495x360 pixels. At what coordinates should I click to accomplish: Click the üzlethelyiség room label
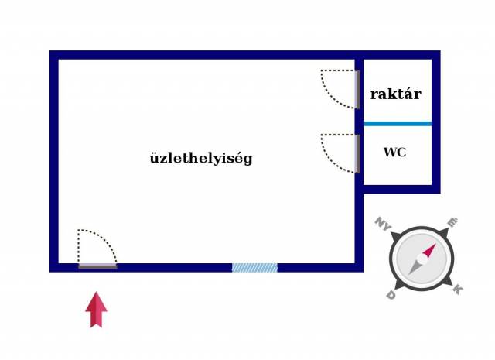tap(201, 158)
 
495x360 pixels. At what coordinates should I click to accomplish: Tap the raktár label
tap(395, 94)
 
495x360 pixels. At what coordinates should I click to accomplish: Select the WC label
tap(394, 153)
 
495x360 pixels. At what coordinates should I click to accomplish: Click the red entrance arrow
tap(96, 310)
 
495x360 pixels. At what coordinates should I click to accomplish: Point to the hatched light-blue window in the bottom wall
tap(254, 268)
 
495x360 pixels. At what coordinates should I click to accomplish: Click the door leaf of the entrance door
tap(97, 266)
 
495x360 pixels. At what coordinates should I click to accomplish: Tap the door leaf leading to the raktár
tap(357, 90)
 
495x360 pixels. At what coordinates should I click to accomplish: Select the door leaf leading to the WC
tap(357, 154)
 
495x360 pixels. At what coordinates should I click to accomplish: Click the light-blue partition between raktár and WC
tap(398, 124)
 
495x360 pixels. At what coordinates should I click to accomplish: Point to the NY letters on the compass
tap(384, 224)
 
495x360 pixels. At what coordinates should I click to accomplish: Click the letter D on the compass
tap(391, 295)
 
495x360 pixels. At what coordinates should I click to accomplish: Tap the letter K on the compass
tap(458, 289)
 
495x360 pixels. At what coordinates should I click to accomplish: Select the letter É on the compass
tap(453, 222)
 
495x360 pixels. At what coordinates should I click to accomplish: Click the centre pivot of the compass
tap(422, 259)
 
